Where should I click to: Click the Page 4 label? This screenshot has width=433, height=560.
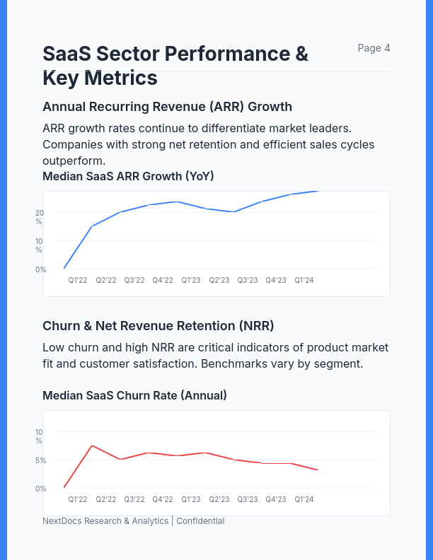tap(374, 48)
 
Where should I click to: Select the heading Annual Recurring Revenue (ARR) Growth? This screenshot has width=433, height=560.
tap(167, 107)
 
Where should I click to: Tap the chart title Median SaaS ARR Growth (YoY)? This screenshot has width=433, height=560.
tap(128, 176)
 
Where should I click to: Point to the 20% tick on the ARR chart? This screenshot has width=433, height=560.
tap(40, 216)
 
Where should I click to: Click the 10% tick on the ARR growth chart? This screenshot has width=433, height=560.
tap(40, 245)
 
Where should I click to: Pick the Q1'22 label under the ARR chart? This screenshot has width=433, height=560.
tap(78, 280)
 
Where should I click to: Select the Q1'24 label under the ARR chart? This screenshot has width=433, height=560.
tap(304, 280)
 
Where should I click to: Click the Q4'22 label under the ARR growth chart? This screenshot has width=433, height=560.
tap(163, 280)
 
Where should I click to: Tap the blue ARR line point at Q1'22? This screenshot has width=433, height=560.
tap(64, 268)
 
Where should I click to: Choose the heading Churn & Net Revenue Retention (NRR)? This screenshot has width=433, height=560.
tap(158, 326)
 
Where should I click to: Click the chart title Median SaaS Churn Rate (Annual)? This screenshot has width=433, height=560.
tap(134, 395)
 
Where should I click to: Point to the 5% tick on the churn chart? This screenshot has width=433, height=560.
tap(41, 460)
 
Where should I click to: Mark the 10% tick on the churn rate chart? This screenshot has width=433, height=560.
tap(40, 436)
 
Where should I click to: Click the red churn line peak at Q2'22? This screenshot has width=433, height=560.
tap(92, 445)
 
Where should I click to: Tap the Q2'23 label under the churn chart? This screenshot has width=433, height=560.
tap(219, 499)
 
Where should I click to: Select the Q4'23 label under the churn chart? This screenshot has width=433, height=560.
tap(276, 499)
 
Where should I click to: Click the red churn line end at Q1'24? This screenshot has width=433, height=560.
tap(318, 469)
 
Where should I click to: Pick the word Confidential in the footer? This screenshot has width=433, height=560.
tap(200, 521)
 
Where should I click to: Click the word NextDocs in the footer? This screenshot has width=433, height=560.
tap(62, 521)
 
